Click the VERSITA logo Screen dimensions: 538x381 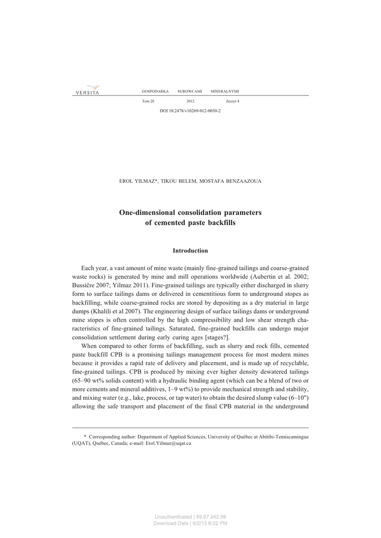point(87,90)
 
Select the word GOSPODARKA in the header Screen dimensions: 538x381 point(155,91)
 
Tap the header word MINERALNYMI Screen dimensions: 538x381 point(225,91)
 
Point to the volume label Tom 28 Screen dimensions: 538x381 point(148,101)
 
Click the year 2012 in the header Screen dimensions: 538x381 point(190,101)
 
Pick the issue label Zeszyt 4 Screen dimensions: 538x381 point(232,101)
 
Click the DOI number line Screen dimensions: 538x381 point(190,111)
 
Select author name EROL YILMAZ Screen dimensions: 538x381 point(138,181)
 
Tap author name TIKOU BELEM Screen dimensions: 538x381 point(177,181)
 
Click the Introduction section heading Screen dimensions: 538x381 point(190,251)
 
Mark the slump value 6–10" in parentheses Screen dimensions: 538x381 point(298,398)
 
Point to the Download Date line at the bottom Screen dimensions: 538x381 point(190,523)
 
